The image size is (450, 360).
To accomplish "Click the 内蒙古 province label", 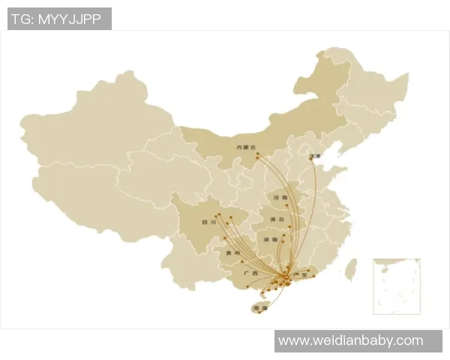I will pyautogui.click(x=246, y=148).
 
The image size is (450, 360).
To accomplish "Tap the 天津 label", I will pyautogui.click(x=315, y=157).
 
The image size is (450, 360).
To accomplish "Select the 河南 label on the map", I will pyautogui.click(x=280, y=198).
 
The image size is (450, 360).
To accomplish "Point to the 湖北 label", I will pyautogui.click(x=276, y=218).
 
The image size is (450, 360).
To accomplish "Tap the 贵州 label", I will pyautogui.click(x=232, y=253).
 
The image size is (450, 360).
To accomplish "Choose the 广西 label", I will pyautogui.click(x=250, y=274).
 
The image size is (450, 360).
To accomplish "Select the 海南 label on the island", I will pyautogui.click(x=260, y=308).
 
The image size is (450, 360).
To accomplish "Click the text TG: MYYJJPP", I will pyautogui.click(x=59, y=19).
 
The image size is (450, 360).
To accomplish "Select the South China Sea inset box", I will pyautogui.click(x=396, y=286).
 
